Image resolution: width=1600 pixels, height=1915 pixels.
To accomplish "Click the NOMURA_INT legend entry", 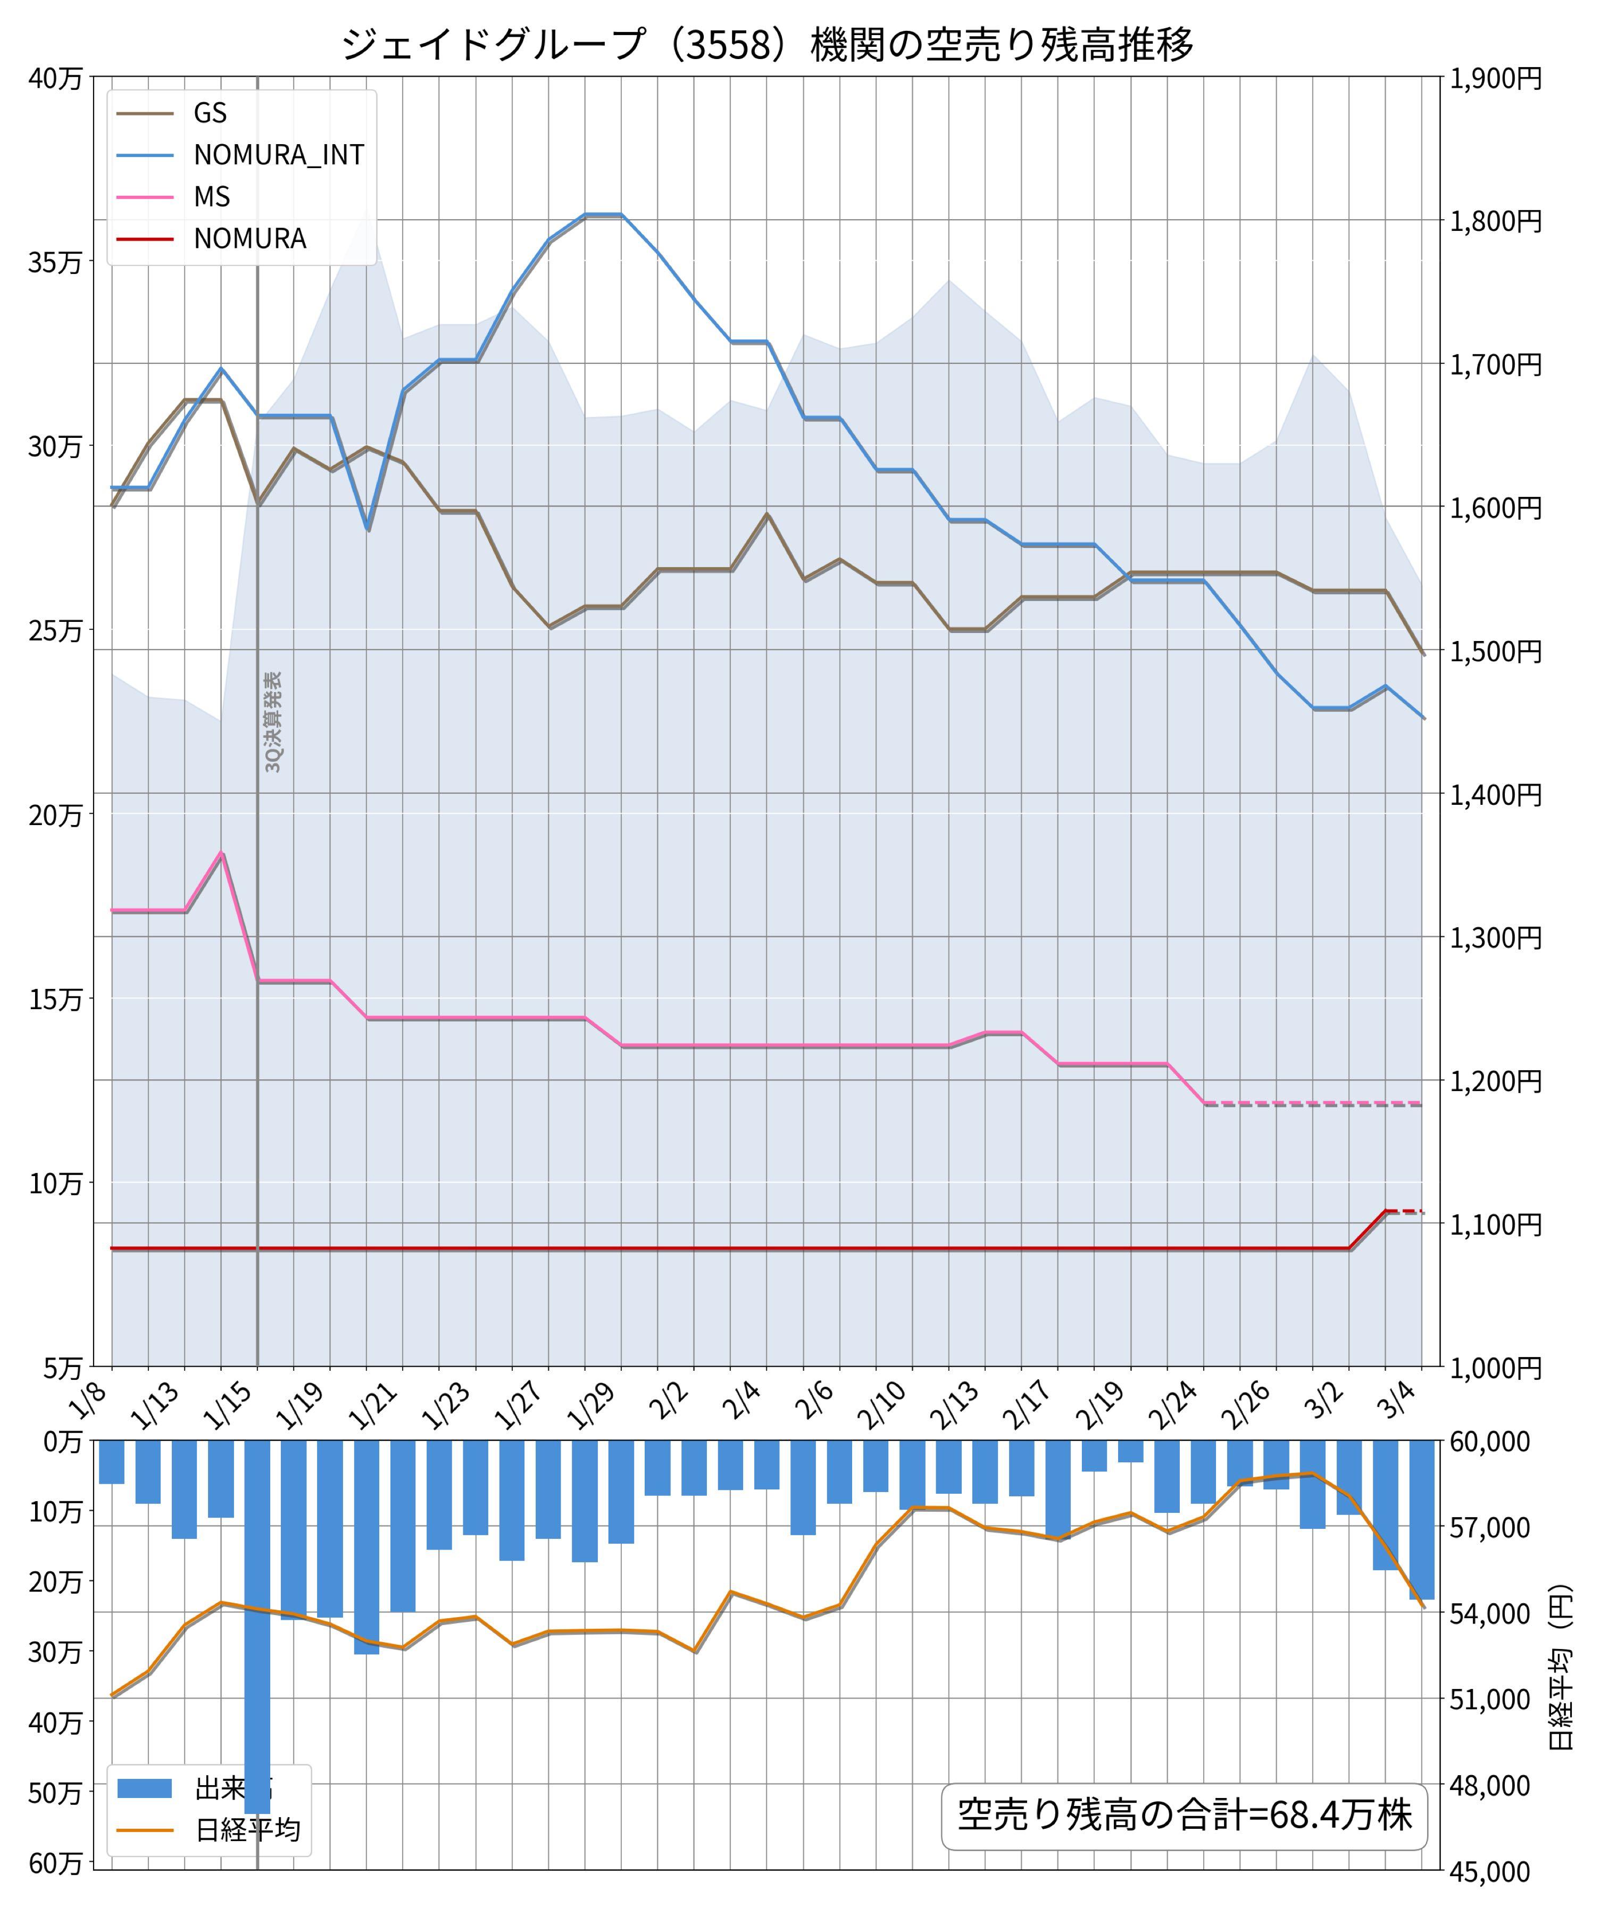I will (x=278, y=155).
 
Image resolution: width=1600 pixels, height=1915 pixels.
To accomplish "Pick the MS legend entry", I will (x=212, y=197).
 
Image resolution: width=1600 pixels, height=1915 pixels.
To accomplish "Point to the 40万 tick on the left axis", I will (x=55, y=78).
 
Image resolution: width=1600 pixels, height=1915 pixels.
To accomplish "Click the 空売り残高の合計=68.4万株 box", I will (x=1184, y=1814).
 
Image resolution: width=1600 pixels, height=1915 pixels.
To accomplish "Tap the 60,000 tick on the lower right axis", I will (x=1490, y=1442).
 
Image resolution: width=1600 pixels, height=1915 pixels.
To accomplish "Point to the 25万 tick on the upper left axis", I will (x=55, y=630).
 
